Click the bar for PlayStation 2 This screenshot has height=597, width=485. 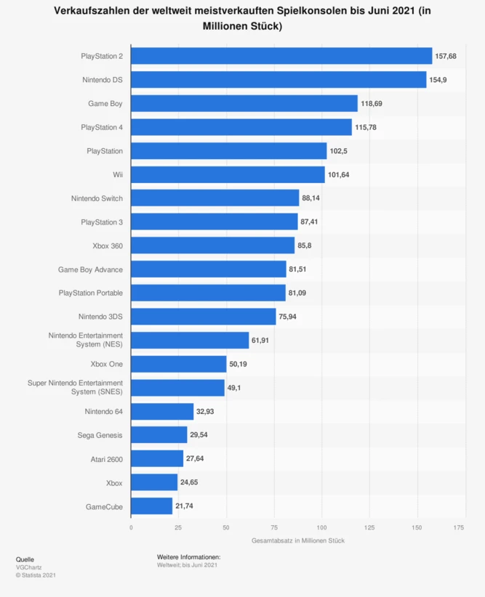[x=281, y=56]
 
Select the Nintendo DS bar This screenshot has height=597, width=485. [x=278, y=80]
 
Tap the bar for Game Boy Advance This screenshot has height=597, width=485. [x=209, y=269]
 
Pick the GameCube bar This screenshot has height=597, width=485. [x=152, y=506]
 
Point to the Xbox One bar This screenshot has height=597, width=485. [x=179, y=364]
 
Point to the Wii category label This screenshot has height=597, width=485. [x=116, y=174]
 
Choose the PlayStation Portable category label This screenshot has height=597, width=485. [x=91, y=293]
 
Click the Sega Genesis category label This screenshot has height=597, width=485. [x=100, y=435]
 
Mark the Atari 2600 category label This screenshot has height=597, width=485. [x=102, y=459]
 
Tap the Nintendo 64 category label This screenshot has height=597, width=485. [x=103, y=412]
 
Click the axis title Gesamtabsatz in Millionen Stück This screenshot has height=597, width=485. [x=297, y=540]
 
